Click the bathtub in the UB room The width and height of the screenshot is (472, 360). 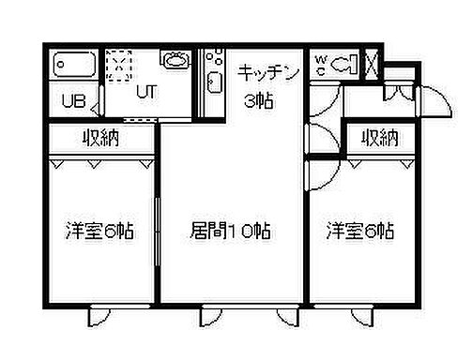(x=72, y=66)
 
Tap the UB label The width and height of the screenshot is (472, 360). (x=73, y=101)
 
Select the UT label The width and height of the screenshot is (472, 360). (x=146, y=92)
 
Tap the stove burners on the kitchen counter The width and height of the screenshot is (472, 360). (x=212, y=57)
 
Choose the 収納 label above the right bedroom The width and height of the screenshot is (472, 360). (x=379, y=138)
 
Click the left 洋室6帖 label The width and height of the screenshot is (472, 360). (x=99, y=231)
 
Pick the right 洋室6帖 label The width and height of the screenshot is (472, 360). (x=359, y=231)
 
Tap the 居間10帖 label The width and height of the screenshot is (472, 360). (x=231, y=231)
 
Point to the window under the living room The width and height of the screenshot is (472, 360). (x=231, y=308)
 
